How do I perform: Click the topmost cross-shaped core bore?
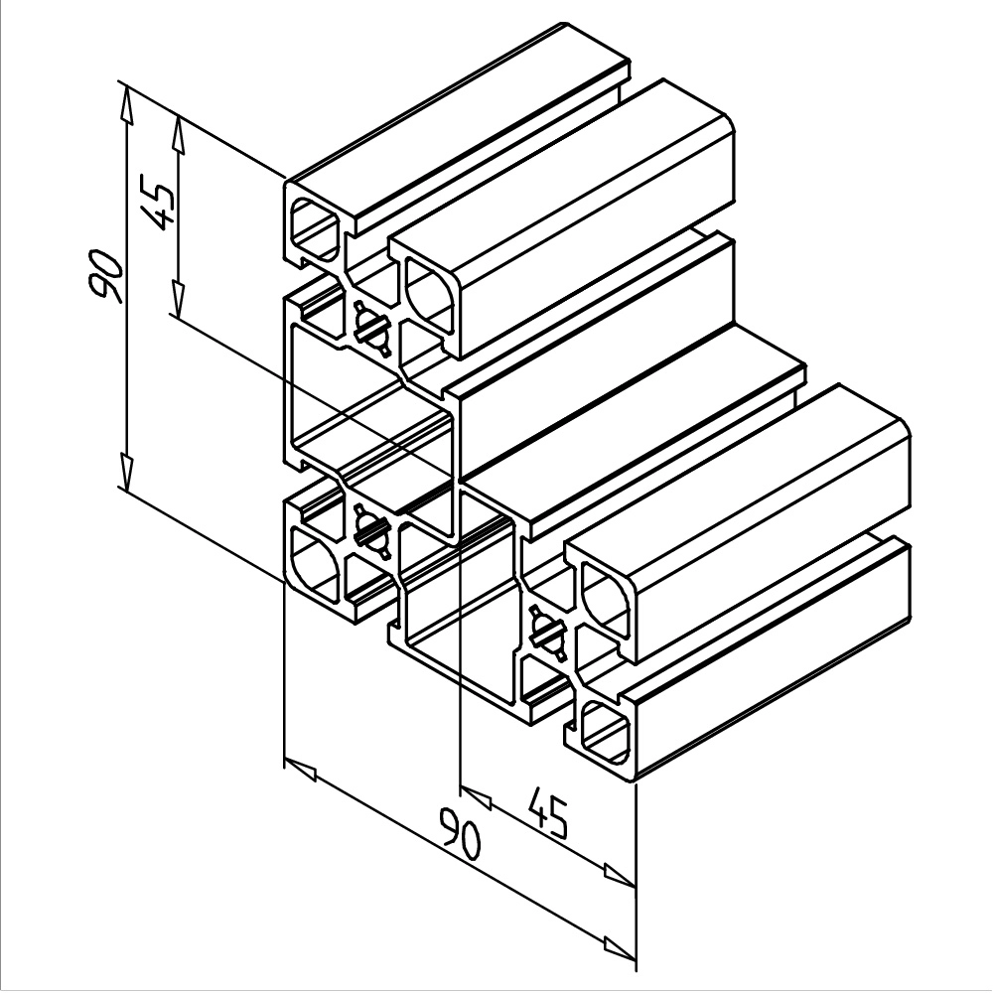369,329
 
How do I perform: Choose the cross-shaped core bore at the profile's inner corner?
369,527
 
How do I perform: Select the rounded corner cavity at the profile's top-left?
316,226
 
